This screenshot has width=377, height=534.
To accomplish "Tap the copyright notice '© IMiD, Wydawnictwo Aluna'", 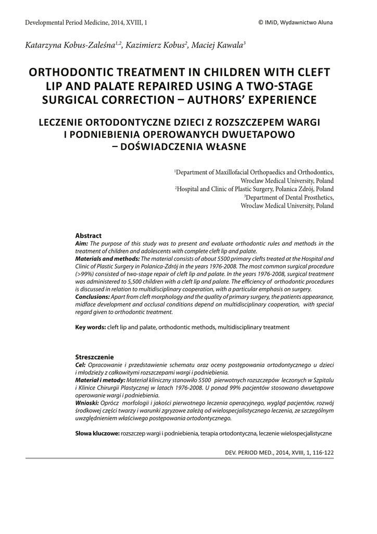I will point(295,22).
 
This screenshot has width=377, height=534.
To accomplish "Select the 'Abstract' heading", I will point(89,236).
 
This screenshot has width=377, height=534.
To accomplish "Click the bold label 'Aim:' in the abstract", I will point(82,243).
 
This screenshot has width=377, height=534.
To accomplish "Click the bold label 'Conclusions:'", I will point(92,296).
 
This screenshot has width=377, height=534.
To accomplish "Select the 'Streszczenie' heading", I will point(95,357).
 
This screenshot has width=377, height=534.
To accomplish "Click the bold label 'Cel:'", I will point(81,365).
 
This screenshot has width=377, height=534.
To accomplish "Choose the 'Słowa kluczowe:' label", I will point(97,433).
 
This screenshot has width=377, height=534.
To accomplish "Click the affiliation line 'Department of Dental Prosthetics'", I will point(290,198).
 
